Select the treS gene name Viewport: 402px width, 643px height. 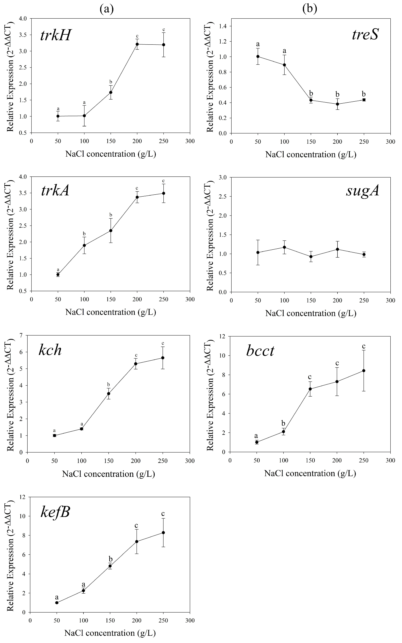pyautogui.click(x=365, y=35)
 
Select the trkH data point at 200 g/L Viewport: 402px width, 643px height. pyautogui.click(x=137, y=44)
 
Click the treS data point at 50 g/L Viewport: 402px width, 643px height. pyautogui.click(x=258, y=56)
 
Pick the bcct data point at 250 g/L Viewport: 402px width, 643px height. pyautogui.click(x=364, y=370)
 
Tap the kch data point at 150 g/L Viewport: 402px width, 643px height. pyautogui.click(x=108, y=394)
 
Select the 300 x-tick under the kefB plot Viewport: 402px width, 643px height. pyautogui.click(x=190, y=620)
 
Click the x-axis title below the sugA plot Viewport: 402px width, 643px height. pyautogui.click(x=311, y=313)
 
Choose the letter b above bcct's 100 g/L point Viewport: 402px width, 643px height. pyautogui.click(x=283, y=423)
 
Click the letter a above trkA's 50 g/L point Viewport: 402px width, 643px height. pyautogui.click(x=58, y=269)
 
